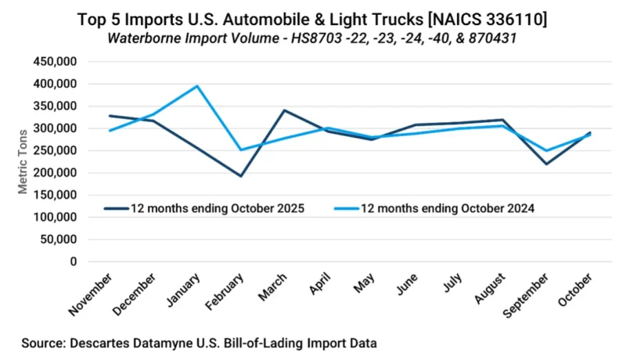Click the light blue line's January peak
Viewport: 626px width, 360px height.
(197, 86)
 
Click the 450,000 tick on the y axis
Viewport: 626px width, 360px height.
(52, 61)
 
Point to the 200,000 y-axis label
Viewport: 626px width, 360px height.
(52, 173)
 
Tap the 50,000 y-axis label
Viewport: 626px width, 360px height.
(56, 239)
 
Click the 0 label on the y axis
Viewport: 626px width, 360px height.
(73, 262)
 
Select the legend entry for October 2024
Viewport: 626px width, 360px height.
(446, 208)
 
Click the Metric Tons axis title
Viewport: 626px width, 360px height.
(23, 161)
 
